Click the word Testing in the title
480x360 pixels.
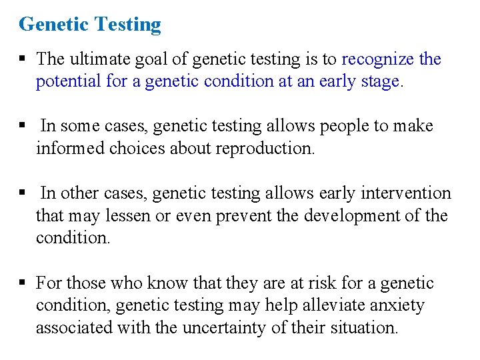pyautogui.click(x=129, y=25)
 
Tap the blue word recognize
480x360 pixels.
pyautogui.click(x=377, y=59)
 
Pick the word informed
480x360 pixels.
pyautogui.click(x=69, y=148)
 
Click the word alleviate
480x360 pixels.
pyautogui.click(x=316, y=305)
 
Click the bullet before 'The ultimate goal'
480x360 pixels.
pyautogui.click(x=23, y=59)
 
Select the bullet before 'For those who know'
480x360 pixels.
pyautogui.click(x=23, y=283)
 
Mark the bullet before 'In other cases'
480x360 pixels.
pyautogui.click(x=23, y=193)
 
